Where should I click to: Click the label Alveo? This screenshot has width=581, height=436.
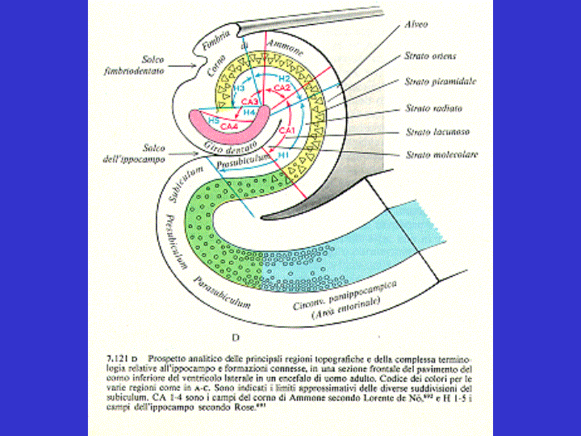(x=416, y=25)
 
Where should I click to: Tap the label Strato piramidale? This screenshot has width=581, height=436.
(x=439, y=82)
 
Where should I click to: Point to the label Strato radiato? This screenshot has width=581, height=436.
(x=433, y=108)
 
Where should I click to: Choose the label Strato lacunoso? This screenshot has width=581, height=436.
(x=434, y=131)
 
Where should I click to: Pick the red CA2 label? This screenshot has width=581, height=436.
(x=282, y=86)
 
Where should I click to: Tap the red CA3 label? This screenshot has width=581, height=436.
(x=249, y=102)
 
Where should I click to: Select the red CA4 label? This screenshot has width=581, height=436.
(x=229, y=127)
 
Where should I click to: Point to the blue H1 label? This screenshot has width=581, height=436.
(x=282, y=153)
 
